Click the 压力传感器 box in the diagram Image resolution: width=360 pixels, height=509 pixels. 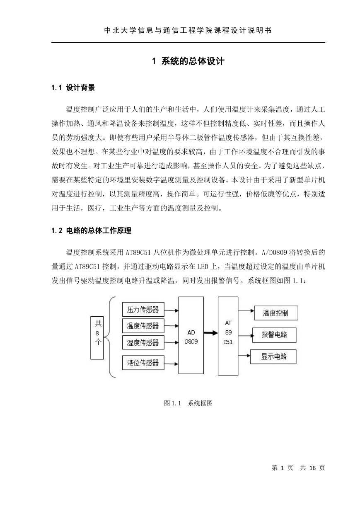point(143,309)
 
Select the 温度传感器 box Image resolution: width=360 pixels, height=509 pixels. point(143,326)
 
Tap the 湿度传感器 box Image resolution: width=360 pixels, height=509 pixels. point(143,342)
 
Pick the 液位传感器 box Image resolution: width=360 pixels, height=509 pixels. point(143,363)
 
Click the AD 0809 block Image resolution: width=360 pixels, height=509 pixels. point(191,335)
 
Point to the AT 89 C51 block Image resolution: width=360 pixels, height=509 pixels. point(228,336)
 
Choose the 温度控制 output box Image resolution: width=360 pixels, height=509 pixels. point(276,313)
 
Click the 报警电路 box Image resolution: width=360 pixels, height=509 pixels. point(274,335)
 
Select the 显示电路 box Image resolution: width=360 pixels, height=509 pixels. point(273,357)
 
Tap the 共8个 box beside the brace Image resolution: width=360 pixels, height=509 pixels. point(97,338)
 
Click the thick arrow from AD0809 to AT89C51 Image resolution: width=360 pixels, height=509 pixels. point(211,333)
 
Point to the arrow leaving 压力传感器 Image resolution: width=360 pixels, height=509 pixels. point(172,310)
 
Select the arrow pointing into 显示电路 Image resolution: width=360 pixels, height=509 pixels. point(244,355)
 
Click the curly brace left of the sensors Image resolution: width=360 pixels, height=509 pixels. point(107,337)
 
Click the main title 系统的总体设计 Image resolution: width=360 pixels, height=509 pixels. point(188,61)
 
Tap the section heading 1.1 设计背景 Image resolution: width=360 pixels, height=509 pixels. point(73,87)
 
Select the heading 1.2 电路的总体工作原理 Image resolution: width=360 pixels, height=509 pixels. point(91,230)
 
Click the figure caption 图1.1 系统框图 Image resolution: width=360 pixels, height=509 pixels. point(188,403)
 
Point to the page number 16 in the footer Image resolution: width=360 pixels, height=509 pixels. point(313,468)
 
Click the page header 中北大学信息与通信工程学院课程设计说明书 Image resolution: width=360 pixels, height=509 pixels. point(188,30)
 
